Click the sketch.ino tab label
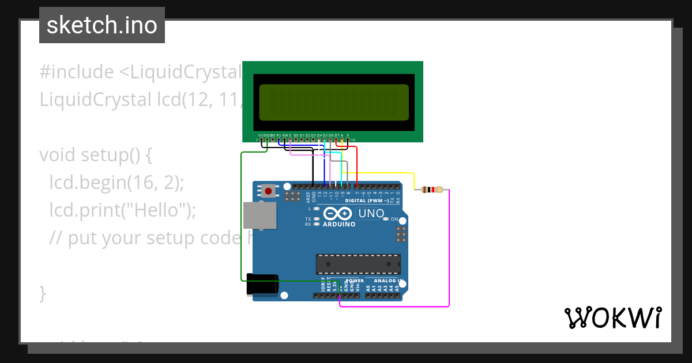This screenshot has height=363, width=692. (x=102, y=25)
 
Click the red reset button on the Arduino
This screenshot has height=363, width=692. (x=268, y=190)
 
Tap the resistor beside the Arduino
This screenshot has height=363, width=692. (x=432, y=190)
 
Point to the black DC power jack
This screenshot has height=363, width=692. (x=263, y=285)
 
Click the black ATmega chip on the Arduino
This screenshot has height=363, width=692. (x=358, y=263)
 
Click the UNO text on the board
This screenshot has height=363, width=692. (x=371, y=213)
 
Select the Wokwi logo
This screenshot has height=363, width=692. (x=612, y=317)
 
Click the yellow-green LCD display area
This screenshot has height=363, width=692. (x=334, y=101)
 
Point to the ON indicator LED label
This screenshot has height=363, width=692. (x=394, y=219)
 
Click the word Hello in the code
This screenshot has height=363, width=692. (x=162, y=210)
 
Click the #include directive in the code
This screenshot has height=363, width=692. (x=76, y=72)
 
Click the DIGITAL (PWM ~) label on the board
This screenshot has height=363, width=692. (x=367, y=201)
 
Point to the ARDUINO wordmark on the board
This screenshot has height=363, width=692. (x=339, y=224)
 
